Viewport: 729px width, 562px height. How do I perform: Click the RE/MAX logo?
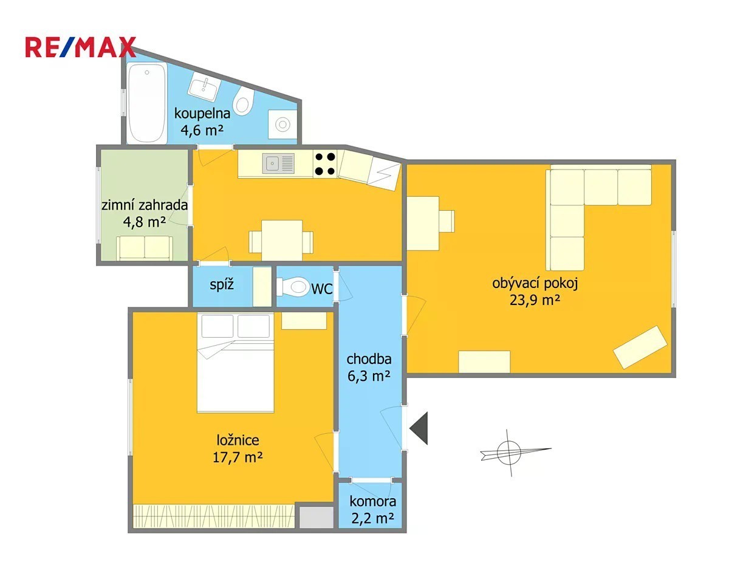[81, 47]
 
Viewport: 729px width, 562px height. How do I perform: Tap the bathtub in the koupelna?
[147, 104]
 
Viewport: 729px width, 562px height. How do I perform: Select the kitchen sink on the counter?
[278, 163]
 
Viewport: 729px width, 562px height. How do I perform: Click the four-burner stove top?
[325, 164]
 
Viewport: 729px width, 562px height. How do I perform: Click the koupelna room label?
[202, 114]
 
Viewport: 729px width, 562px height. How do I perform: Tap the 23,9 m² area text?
[535, 300]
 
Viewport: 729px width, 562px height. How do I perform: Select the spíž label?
[221, 285]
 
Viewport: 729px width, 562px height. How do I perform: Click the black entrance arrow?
[419, 428]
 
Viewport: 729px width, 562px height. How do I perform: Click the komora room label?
[373, 502]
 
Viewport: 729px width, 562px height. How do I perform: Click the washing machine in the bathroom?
[282, 124]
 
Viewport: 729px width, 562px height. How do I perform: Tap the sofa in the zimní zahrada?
[145, 248]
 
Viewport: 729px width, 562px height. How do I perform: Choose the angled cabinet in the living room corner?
[640, 347]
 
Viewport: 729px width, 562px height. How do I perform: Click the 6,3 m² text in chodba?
[369, 376]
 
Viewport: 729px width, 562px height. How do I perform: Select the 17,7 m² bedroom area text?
[238, 457]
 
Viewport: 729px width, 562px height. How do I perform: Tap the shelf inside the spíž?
[262, 287]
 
